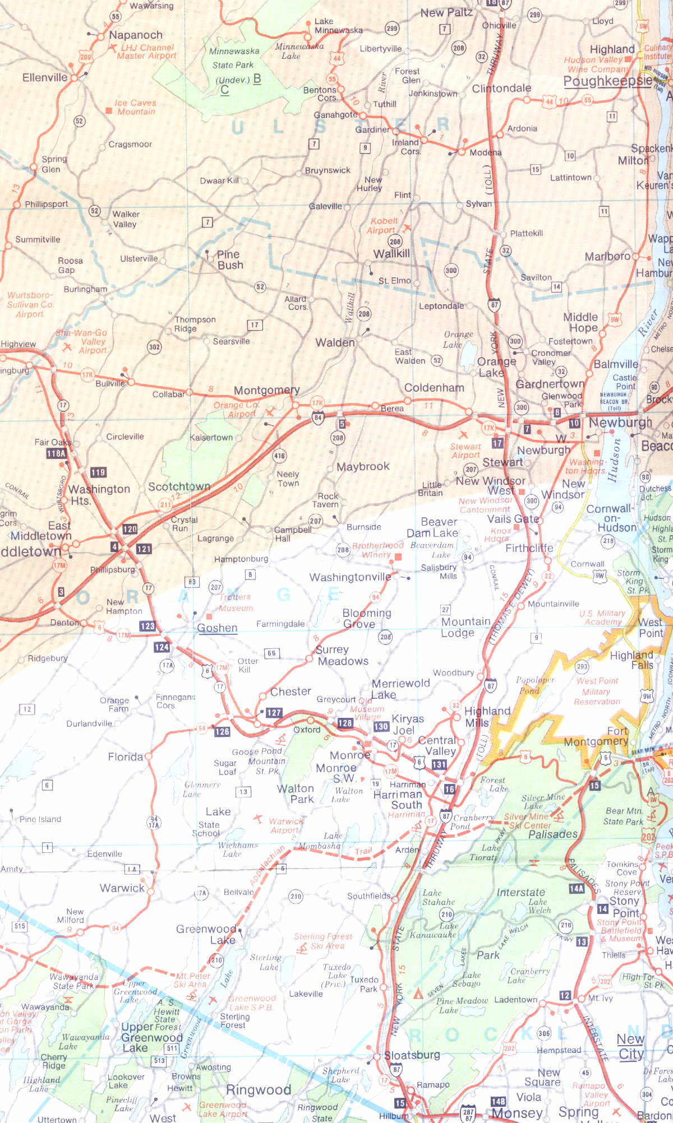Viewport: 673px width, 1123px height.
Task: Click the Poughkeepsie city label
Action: click(x=607, y=81)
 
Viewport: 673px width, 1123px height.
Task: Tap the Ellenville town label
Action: click(x=45, y=77)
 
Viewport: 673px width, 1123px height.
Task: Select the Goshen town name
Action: click(x=217, y=628)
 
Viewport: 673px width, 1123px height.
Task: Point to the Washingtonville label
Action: click(x=350, y=577)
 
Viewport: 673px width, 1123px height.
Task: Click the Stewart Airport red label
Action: click(x=465, y=451)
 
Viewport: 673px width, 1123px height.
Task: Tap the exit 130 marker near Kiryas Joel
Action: click(x=381, y=726)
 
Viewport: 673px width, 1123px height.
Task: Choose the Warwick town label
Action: click(x=122, y=888)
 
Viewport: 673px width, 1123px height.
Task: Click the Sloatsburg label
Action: click(x=412, y=1055)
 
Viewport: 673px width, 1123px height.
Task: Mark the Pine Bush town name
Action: click(x=230, y=259)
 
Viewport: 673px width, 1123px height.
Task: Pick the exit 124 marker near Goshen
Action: click(x=162, y=647)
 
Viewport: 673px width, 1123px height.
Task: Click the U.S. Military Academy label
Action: click(x=602, y=617)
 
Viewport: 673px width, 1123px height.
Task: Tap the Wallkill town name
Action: click(x=391, y=253)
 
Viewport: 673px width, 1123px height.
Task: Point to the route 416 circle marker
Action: click(x=279, y=456)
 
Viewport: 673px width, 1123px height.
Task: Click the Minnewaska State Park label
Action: click(x=234, y=58)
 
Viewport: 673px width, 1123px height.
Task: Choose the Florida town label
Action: click(x=125, y=757)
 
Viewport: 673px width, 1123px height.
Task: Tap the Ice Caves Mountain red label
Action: click(x=135, y=107)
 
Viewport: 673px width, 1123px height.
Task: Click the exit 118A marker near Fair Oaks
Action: click(x=56, y=453)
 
